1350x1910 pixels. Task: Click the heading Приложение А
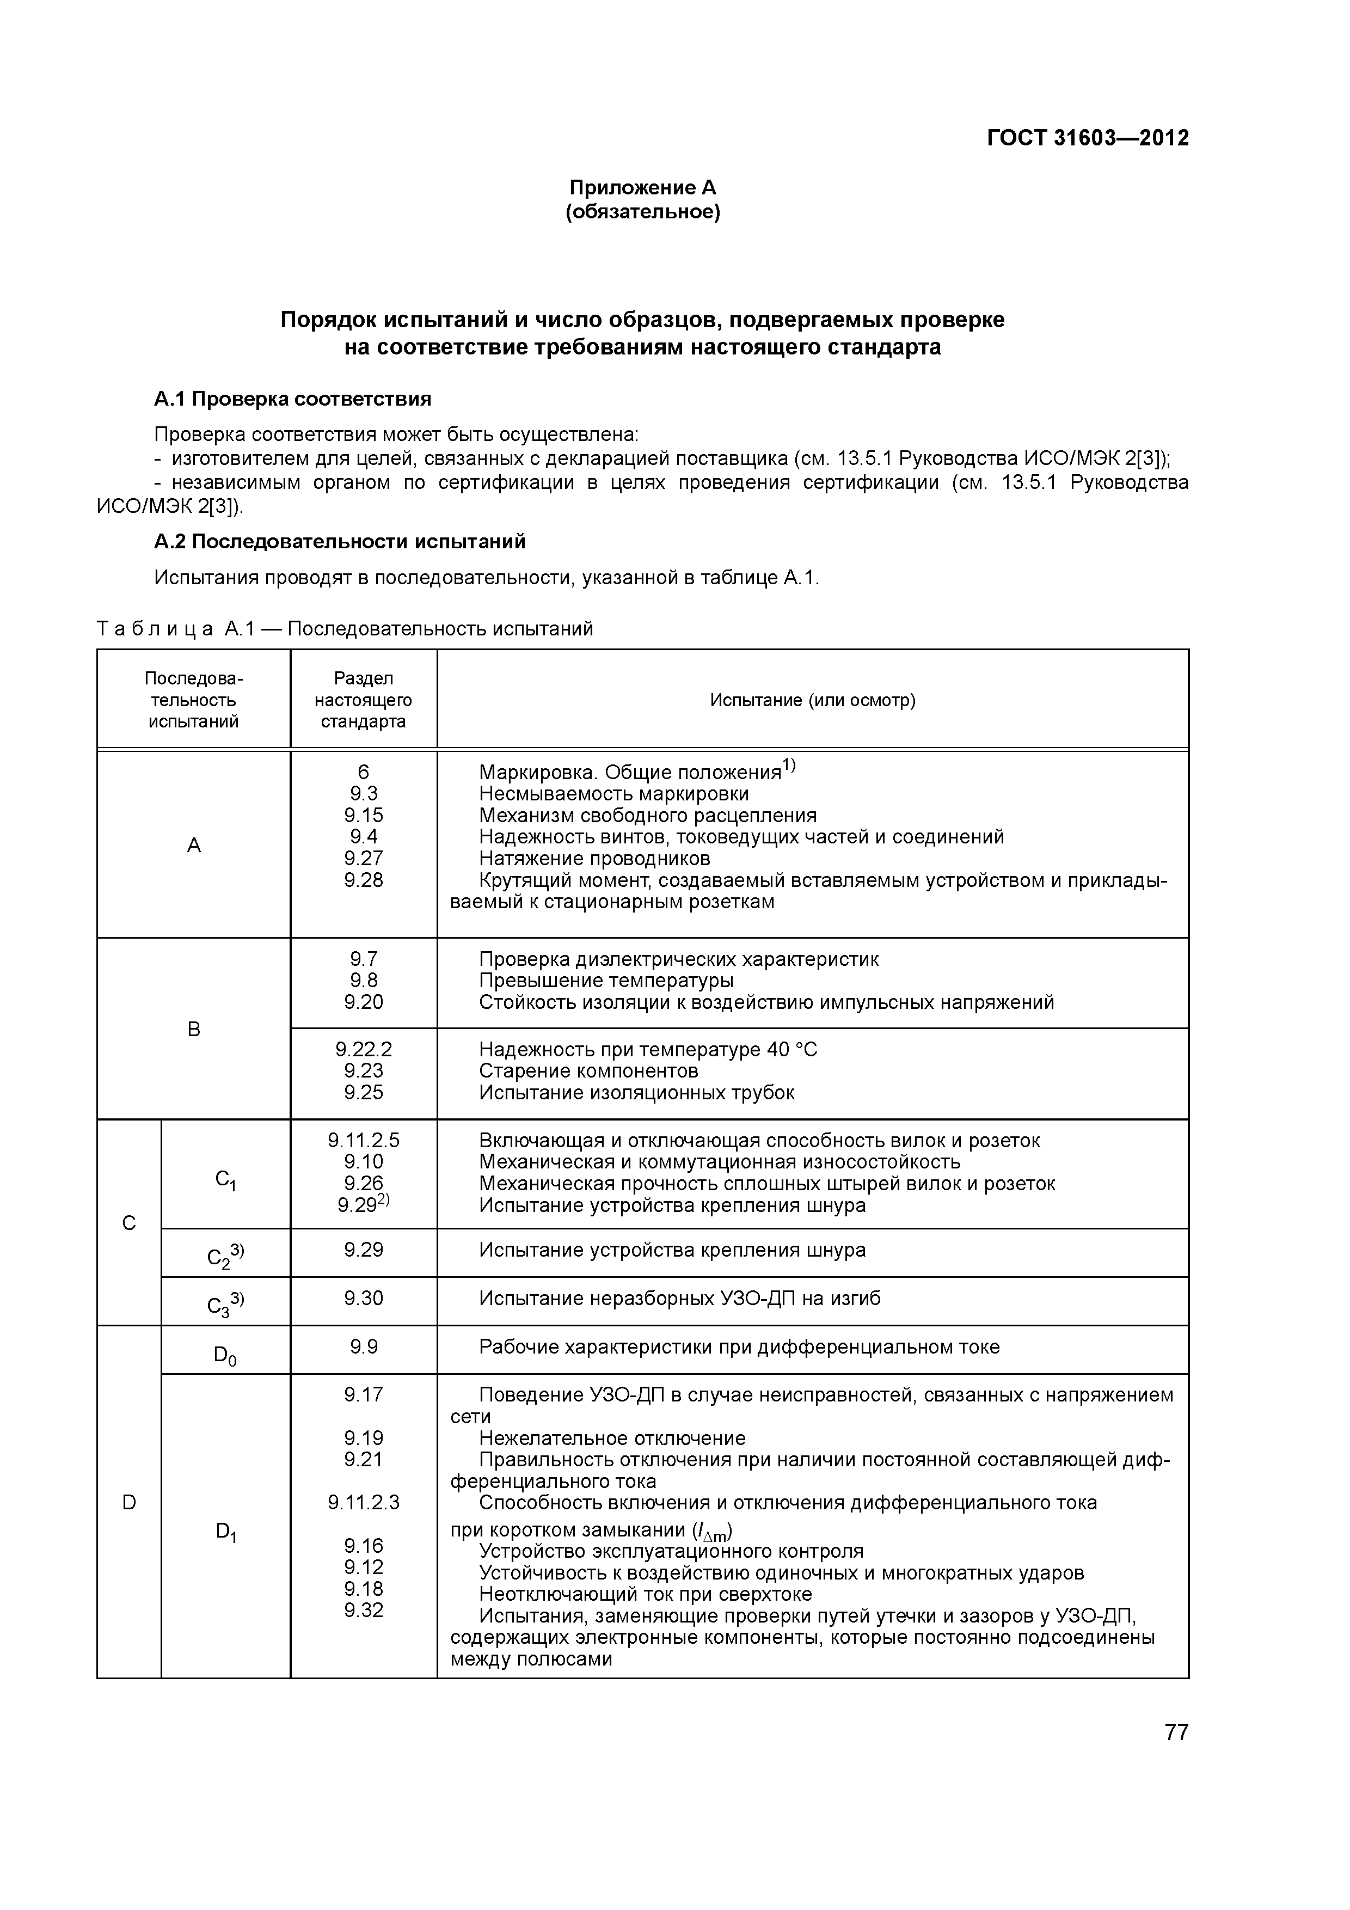(642, 187)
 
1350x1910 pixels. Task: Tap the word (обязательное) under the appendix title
(642, 212)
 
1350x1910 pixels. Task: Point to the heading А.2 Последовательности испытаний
(339, 542)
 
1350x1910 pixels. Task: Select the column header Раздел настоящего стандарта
(364, 700)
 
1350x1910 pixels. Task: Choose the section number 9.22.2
(364, 1049)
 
